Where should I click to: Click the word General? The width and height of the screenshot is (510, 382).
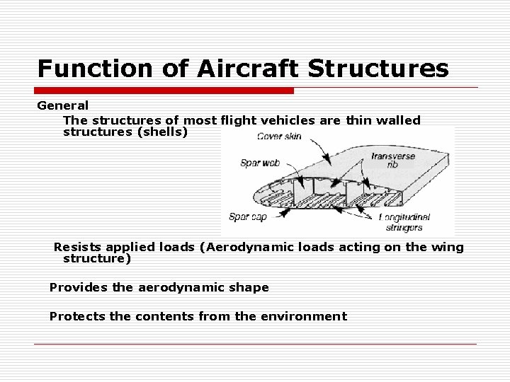click(x=63, y=105)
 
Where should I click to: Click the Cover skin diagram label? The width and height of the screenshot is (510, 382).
click(x=278, y=136)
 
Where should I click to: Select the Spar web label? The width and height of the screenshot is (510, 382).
click(x=260, y=163)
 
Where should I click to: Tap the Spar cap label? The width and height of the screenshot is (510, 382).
click(x=248, y=216)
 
